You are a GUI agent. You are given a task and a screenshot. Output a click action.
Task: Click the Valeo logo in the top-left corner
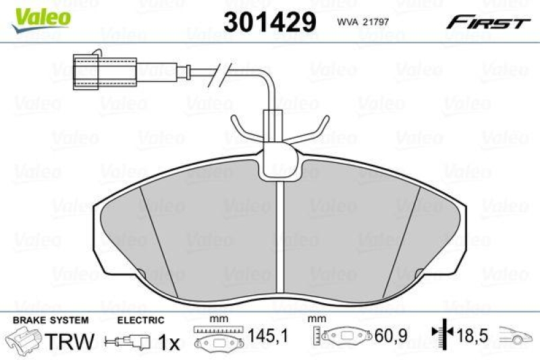38,15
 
